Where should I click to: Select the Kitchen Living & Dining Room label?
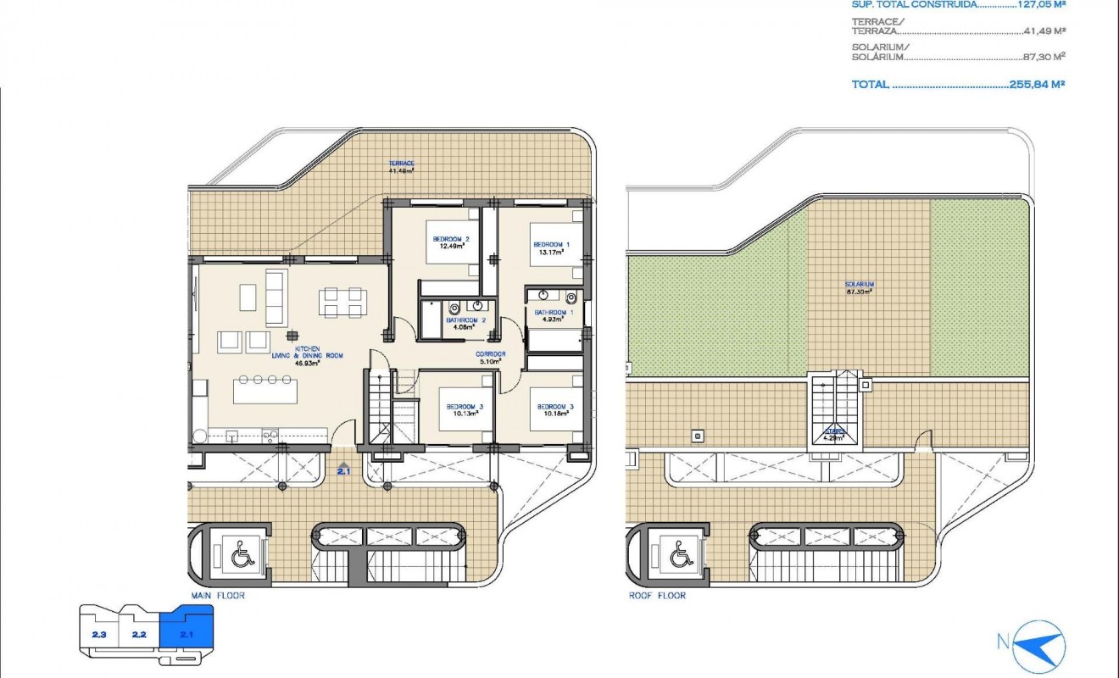[307, 356]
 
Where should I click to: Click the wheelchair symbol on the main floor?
[242, 556]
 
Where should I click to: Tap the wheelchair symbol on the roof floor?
[680, 556]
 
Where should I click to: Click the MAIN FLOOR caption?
[218, 596]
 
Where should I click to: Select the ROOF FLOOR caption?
[657, 596]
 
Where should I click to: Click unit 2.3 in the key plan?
[99, 634]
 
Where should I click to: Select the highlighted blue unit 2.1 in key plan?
[187, 631]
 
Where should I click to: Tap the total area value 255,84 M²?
[1037, 85]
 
